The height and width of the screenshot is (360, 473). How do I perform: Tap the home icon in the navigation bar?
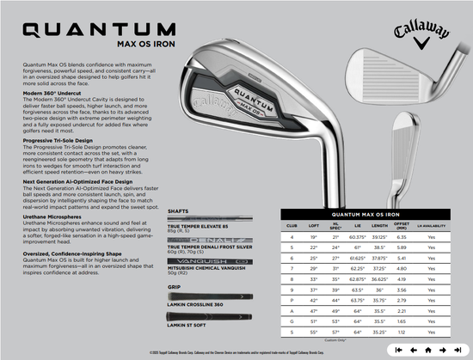pyautogui.click(x=427, y=351)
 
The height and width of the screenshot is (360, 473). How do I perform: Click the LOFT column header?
pyautogui.click(x=313, y=225)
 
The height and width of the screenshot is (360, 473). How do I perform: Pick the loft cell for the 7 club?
pyautogui.click(x=313, y=268)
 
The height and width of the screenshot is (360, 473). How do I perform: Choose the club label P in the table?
pyautogui.click(x=291, y=299)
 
